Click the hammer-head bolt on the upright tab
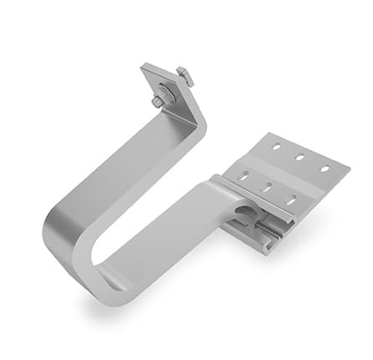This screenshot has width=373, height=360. pos(186,77)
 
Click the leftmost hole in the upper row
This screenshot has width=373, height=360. pos(275,147)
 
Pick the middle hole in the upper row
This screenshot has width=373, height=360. pos(299,157)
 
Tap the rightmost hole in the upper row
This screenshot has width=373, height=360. pos(324,168)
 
